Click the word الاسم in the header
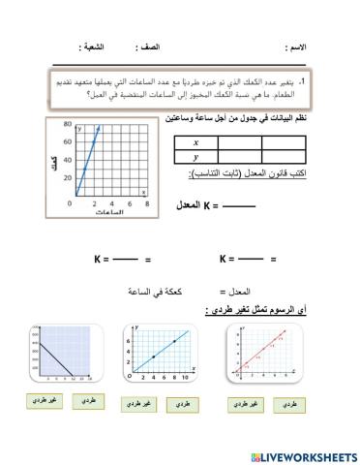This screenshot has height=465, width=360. pos(295,46)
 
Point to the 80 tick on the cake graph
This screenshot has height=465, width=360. pos(68,125)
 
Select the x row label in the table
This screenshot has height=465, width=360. pos(195,142)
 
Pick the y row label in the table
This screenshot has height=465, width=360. pos(195,157)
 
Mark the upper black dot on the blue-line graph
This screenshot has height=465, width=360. pos(174,341)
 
